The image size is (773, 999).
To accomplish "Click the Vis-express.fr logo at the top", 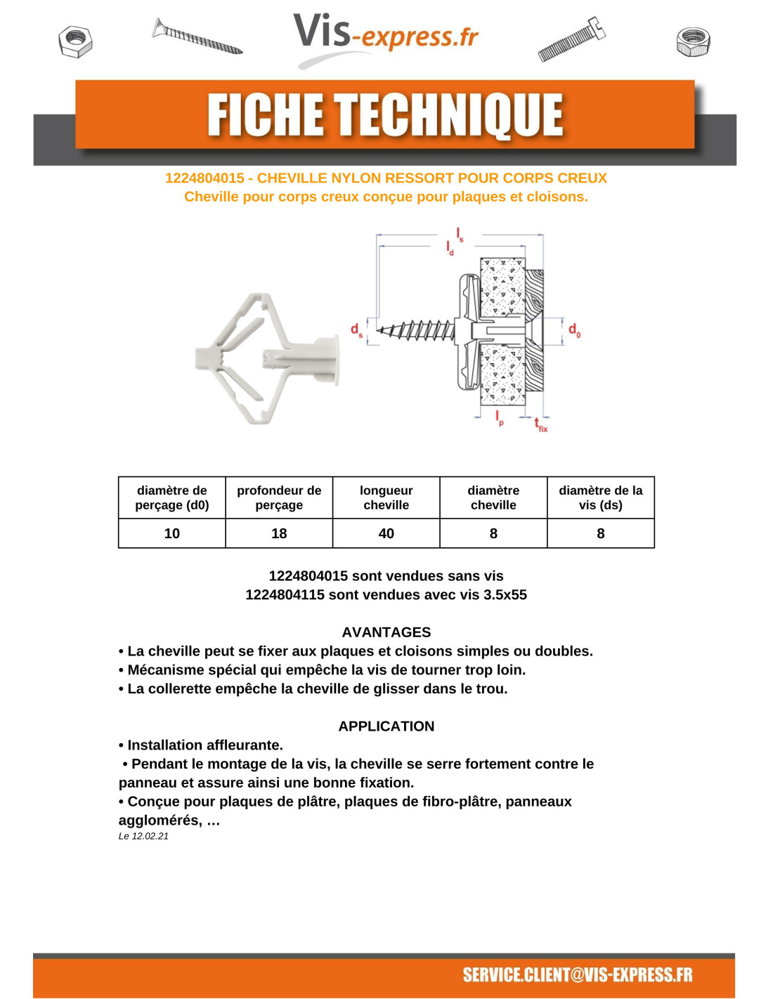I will pos(385,35).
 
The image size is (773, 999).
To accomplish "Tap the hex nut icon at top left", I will pos(76,41).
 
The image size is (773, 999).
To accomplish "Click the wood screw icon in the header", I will pos(197,37).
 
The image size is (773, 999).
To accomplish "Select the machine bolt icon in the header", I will pos(571,39).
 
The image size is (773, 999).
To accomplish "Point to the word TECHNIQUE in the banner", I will pos(448,115).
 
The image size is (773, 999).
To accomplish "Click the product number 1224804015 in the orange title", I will pos(204,178).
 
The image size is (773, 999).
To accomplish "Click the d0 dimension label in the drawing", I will pos(574,329).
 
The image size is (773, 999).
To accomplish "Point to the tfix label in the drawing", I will pos(540,424).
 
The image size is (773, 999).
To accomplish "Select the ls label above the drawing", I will pos(460,235).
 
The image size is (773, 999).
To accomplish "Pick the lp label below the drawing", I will pos(499,418).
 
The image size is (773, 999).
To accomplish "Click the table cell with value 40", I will pos(386,533).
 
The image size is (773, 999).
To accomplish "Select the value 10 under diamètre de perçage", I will pos(172,533).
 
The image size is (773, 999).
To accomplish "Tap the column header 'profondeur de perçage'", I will pos(279,497).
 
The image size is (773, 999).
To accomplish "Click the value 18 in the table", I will pos(279,533).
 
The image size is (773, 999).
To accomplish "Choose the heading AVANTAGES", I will pos(386,632).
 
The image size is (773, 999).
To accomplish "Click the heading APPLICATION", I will pos(386,726).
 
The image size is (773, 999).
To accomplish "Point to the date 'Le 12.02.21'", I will pos(143,836).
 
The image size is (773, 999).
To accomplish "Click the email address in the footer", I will pos(577,974).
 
